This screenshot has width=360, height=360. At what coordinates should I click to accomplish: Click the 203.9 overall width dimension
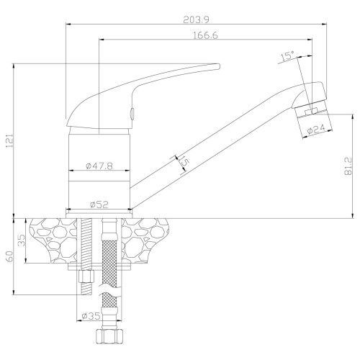point(196,19)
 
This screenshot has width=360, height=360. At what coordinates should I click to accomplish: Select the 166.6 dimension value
point(205,35)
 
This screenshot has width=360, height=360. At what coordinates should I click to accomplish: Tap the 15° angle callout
point(287,56)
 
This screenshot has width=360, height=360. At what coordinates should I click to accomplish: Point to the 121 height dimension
point(9,140)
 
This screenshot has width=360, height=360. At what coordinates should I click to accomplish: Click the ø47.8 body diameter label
point(99,166)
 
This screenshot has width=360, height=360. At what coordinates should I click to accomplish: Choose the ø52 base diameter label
point(99,204)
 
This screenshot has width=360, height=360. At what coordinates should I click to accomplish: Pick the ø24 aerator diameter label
point(316,129)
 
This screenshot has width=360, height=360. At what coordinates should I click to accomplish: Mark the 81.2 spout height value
point(348,166)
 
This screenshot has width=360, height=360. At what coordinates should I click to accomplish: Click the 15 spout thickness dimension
point(184,162)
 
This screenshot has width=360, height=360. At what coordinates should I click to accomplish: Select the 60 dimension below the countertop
point(9,256)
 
